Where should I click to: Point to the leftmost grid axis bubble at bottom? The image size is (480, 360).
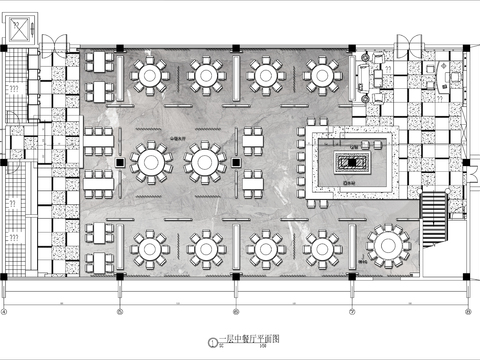point(5,309)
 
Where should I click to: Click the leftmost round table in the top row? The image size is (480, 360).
point(149,74)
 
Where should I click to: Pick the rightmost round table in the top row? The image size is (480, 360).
point(322,74)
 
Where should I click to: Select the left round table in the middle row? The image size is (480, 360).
point(149,161)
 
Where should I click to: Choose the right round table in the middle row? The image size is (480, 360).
point(205,161)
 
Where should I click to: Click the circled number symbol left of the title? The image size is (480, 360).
point(211,343)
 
